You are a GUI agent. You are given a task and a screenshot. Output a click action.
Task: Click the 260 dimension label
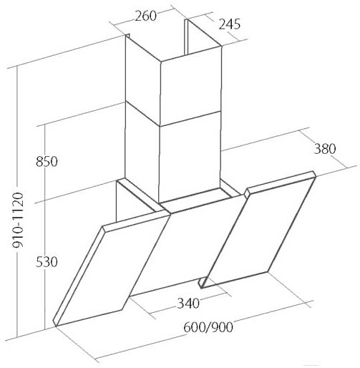pos(145,16)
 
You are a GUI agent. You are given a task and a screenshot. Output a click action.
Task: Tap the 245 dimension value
pos(230,24)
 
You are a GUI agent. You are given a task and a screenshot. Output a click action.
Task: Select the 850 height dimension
pos(47,162)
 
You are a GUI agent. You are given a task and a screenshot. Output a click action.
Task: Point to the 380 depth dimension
pos(325,149)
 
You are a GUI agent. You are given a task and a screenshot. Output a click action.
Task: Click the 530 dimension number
pos(47,262)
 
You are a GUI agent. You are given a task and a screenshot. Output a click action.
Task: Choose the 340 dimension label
pos(188,304)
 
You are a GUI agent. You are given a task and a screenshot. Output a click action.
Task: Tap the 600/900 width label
pos(208,327)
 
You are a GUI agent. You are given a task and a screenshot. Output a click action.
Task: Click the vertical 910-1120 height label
pos(18,220)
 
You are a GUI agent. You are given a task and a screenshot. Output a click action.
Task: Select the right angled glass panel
pos(257,230)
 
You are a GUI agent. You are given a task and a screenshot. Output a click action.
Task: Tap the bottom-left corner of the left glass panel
pos(57,326)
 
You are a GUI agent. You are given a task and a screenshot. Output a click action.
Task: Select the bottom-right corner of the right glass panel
pos(267,271)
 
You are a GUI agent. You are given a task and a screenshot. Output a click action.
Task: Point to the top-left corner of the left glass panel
pos(102,226)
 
